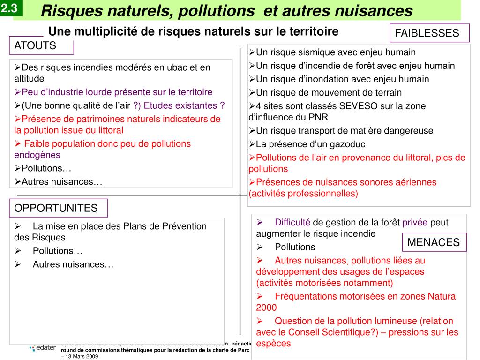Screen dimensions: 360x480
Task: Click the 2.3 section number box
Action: (x=11, y=8)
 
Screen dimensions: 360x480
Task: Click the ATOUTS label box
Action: (x=41, y=46)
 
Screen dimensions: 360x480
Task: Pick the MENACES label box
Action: (x=434, y=242)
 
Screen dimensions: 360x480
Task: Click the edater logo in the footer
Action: (x=43, y=347)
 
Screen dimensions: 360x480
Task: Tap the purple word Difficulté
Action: (x=292, y=222)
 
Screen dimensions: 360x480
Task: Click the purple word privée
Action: (x=415, y=222)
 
